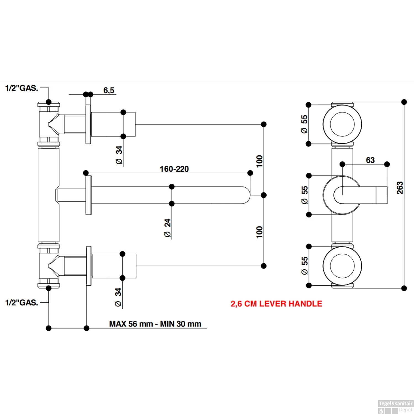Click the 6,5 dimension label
(x=109, y=90)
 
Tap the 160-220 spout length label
(x=174, y=169)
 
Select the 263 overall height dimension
(x=400, y=188)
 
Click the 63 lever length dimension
(x=370, y=160)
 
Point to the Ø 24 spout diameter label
(x=168, y=228)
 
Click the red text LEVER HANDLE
(x=276, y=304)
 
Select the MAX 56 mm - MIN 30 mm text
(x=155, y=324)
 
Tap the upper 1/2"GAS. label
(x=22, y=88)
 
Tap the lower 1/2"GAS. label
(x=22, y=302)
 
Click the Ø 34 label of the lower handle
(x=118, y=297)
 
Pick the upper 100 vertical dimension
(x=259, y=161)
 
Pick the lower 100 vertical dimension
(x=259, y=232)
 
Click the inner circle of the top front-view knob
(x=342, y=124)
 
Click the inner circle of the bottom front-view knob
(x=342, y=266)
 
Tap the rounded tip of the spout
(x=246, y=195)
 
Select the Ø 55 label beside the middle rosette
(x=304, y=195)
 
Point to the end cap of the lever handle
(x=381, y=195)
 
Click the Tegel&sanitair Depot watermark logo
(x=396, y=407)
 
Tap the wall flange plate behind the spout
(x=89, y=195)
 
